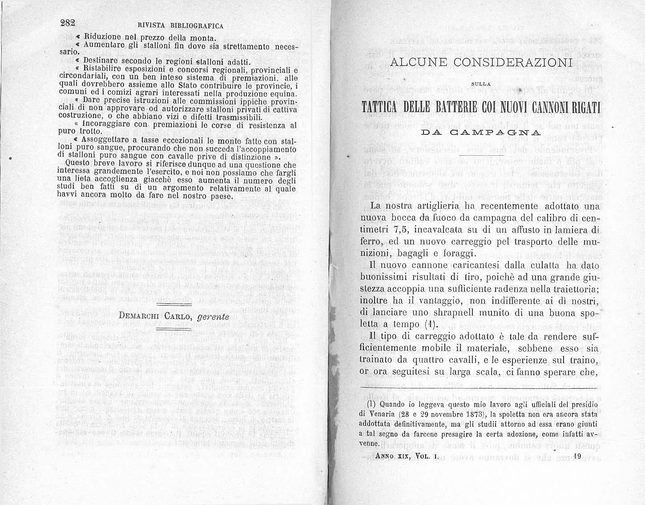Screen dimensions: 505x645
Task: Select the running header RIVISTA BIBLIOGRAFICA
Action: [181, 25]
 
